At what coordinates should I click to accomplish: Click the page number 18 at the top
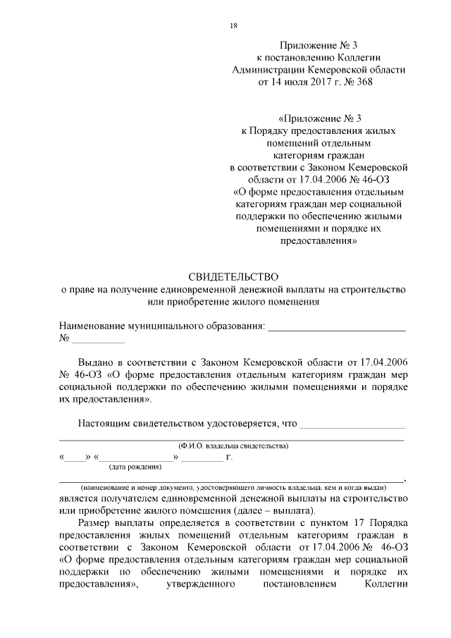pos(233,26)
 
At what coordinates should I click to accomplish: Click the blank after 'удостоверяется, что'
pos(353,424)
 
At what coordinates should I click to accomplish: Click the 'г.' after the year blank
pos(228,457)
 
